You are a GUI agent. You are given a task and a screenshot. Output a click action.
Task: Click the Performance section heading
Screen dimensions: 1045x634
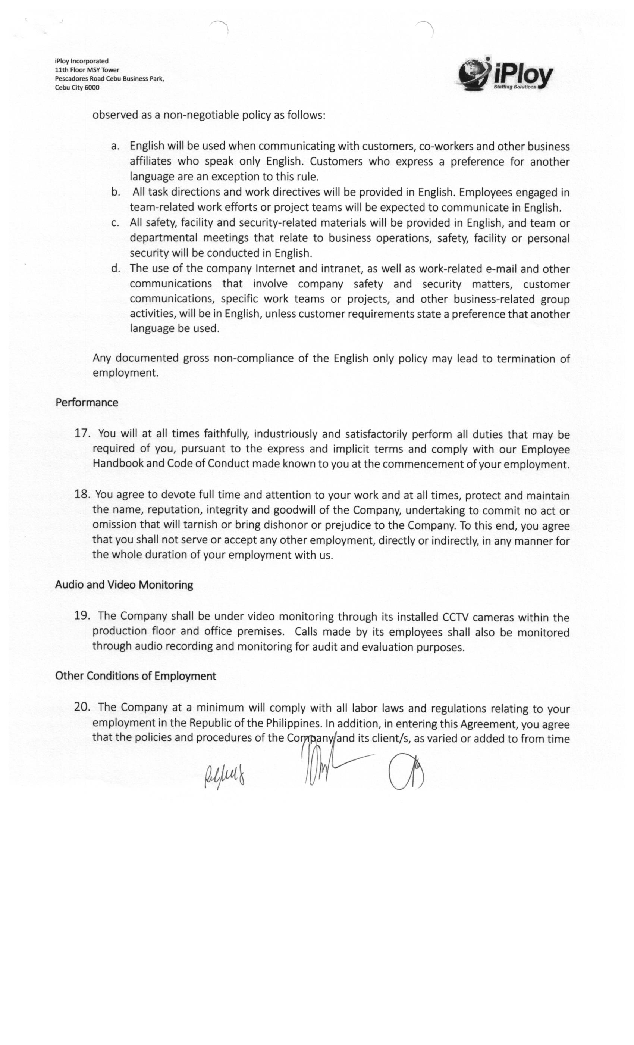87,402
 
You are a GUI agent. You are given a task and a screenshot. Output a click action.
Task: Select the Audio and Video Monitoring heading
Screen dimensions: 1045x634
124,585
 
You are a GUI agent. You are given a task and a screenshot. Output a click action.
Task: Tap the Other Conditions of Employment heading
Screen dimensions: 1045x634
135,676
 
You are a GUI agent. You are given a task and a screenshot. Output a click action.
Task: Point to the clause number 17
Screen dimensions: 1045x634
82,433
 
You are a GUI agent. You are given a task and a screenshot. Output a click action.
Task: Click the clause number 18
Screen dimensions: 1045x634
82,494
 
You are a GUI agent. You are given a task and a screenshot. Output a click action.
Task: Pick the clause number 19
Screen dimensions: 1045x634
82,616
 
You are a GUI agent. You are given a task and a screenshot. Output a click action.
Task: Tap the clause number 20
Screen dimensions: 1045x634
82,707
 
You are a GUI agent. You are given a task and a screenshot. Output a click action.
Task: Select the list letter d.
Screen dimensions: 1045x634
114,268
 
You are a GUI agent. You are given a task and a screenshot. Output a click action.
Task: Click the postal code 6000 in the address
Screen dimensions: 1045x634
92,88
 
